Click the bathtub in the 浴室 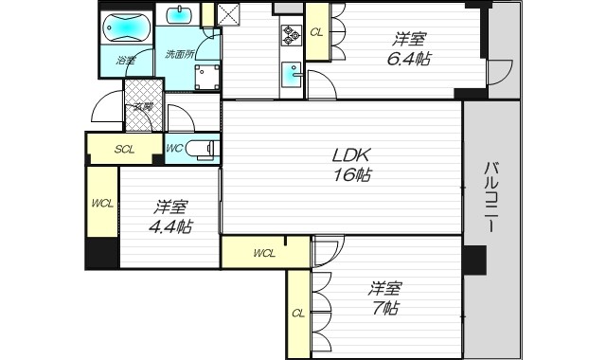click(126, 29)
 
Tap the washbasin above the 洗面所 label click(178, 17)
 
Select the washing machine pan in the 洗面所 click(207, 77)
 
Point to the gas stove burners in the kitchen click(289, 36)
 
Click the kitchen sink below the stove click(290, 73)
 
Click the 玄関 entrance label click(143, 107)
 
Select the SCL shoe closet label click(125, 149)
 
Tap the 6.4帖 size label click(409, 58)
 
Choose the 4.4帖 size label click(170, 226)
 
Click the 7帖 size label click(383, 308)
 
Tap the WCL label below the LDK click(264, 253)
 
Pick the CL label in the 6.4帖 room click(316, 31)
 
